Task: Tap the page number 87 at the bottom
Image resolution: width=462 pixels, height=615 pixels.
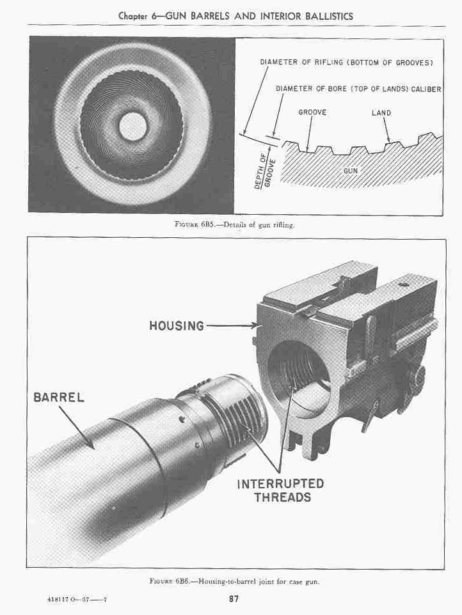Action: click(x=234, y=599)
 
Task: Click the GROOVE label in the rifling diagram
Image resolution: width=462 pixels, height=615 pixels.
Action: click(x=312, y=112)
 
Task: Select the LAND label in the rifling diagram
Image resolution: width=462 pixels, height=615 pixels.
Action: click(x=381, y=113)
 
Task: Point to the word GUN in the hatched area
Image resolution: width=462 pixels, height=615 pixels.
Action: click(x=351, y=171)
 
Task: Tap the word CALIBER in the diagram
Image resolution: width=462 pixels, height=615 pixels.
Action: click(x=426, y=89)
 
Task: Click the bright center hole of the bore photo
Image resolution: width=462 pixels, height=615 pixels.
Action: click(x=132, y=126)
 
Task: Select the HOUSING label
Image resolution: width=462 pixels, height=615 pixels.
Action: click(x=177, y=325)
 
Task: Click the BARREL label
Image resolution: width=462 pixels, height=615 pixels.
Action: click(x=59, y=397)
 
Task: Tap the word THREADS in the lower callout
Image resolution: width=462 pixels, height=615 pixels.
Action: click(x=283, y=497)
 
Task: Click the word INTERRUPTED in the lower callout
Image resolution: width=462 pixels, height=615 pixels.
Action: click(x=280, y=483)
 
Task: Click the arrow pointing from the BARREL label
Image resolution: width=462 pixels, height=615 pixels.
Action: click(x=77, y=427)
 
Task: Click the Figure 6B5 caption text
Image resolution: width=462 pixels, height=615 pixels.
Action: click(x=234, y=225)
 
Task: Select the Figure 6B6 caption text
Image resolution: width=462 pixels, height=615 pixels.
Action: click(x=234, y=581)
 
